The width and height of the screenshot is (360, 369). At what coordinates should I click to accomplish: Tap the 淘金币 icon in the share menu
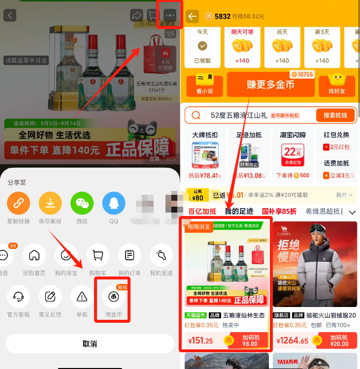pos(112,297)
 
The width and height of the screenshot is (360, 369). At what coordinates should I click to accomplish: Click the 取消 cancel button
pos(90,343)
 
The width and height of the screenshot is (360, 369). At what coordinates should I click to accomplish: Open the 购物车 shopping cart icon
pos(98,255)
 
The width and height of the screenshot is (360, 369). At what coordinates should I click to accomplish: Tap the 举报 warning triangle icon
pos(82,297)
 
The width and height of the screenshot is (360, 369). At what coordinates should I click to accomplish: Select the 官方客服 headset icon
pos(19,297)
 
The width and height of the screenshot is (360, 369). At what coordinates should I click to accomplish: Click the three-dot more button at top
pos(170,15)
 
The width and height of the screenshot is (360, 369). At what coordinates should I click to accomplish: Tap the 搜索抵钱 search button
pos(335,115)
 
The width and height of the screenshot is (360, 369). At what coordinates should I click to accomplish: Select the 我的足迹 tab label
pos(239,212)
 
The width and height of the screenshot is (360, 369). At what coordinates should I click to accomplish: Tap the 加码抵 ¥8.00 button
pos(250,340)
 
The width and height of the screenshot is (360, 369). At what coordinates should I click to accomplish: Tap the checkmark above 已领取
pos(202,46)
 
